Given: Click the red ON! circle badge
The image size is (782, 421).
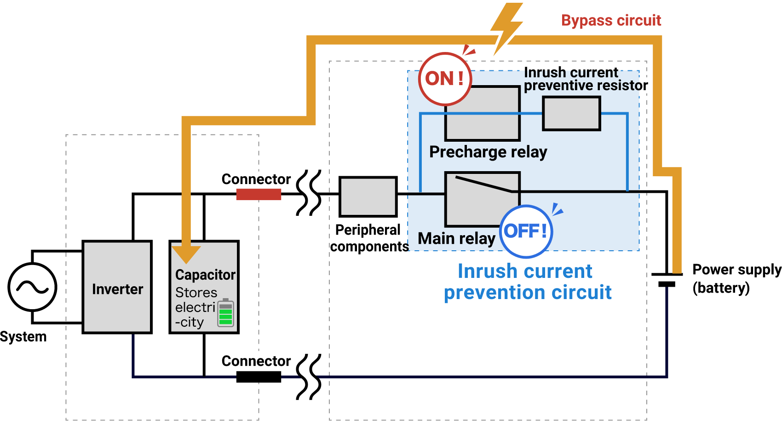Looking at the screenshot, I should click(x=445, y=79).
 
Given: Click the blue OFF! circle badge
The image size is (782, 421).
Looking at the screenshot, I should click(x=526, y=231).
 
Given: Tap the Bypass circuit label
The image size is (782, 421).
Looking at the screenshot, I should click(x=611, y=21).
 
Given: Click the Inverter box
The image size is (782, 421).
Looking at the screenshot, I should click(x=117, y=287).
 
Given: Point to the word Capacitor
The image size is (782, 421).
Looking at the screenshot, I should click(x=205, y=275).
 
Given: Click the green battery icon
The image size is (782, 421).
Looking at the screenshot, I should click(x=225, y=313).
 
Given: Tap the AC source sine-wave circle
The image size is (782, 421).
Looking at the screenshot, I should click(x=32, y=287).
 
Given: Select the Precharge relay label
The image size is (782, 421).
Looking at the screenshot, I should click(x=488, y=152).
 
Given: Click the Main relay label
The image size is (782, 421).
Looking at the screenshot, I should click(x=456, y=238).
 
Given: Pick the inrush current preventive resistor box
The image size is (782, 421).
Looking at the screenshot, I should click(x=571, y=113).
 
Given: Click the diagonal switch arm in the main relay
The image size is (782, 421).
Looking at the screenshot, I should click(x=483, y=184).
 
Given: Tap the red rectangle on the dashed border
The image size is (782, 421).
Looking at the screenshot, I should click(x=259, y=194).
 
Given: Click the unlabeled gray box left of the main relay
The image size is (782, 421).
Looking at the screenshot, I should click(x=368, y=196).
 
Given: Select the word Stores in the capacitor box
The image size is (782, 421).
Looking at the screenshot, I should click(x=196, y=293).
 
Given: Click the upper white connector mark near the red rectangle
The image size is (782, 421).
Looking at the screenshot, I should click(x=310, y=195).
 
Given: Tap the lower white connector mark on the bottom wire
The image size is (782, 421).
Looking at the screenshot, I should click(x=310, y=379).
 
